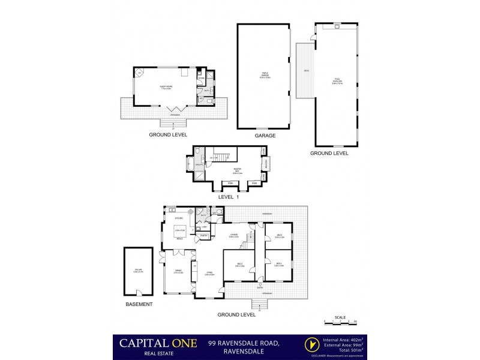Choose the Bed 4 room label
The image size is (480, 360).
[279, 236]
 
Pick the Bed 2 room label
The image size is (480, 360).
[239, 264]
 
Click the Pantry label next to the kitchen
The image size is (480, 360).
[203, 236]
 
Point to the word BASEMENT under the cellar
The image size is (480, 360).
[139, 304]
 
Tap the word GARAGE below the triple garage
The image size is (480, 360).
[265, 136]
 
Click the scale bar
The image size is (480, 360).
[340, 323]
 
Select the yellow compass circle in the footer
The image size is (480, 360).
[311, 344]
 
